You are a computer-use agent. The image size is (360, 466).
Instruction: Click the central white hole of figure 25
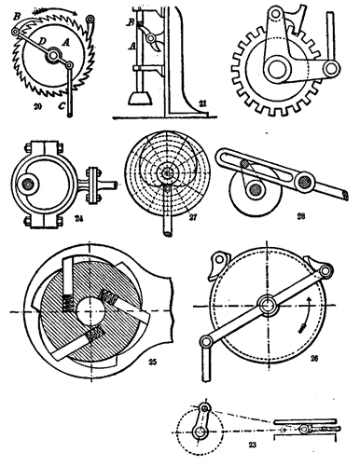coord(92,308)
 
